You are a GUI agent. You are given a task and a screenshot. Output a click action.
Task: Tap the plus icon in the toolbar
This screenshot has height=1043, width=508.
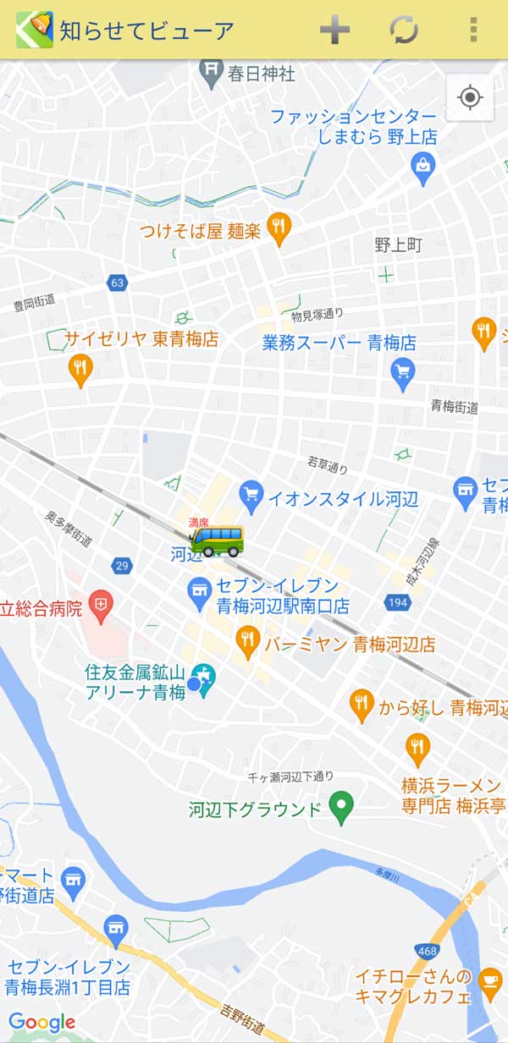click(x=334, y=30)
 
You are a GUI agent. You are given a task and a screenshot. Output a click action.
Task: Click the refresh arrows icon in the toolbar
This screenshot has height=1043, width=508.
click(x=404, y=30)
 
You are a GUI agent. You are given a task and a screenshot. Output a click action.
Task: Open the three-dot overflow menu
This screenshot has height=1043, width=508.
click(x=472, y=30)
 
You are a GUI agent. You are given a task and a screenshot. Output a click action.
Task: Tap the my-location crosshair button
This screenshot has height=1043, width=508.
click(x=470, y=97)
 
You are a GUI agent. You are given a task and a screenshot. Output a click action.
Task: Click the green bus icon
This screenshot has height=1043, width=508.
click(x=217, y=541)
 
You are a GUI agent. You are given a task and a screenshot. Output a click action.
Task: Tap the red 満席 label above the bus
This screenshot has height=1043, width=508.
click(x=198, y=523)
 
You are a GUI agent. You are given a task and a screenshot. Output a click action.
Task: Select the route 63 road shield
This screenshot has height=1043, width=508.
click(x=118, y=283)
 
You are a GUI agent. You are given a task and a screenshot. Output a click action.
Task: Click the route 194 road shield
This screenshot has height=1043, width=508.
click(x=396, y=602)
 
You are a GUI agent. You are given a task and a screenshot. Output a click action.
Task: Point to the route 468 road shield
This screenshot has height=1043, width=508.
click(x=426, y=928)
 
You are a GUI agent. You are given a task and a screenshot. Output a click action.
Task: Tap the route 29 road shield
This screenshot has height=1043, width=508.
click(x=122, y=564)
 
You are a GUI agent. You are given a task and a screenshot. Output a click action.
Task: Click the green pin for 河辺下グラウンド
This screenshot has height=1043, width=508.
click(x=340, y=807)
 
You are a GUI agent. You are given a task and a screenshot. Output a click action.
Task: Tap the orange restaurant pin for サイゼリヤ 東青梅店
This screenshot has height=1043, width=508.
click(x=80, y=369)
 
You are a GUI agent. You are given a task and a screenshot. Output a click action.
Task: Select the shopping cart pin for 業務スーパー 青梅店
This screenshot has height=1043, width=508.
click(x=403, y=371)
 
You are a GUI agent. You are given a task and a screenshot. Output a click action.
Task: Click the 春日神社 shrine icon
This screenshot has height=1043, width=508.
click(x=211, y=74)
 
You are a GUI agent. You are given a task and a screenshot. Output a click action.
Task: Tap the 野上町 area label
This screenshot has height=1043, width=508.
click(x=398, y=245)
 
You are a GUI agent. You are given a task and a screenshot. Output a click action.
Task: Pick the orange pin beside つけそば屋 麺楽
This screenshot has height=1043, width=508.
click(x=279, y=228)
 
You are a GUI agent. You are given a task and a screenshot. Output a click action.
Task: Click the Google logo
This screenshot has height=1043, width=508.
click(x=42, y=1023)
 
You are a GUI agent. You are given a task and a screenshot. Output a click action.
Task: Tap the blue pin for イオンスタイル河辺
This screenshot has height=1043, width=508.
click(x=251, y=496)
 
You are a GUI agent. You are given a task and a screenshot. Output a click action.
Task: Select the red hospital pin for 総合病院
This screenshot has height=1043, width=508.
click(x=101, y=606)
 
